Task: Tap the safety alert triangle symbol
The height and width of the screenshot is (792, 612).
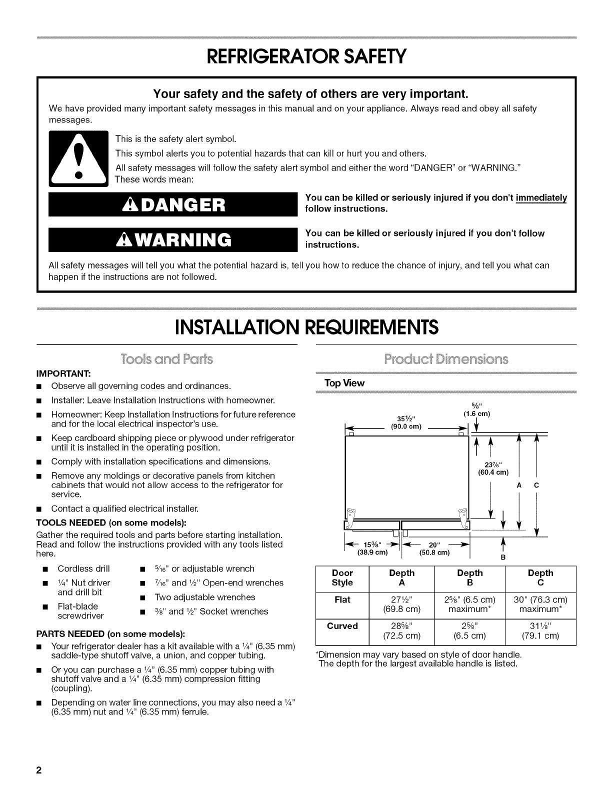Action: coord(78,158)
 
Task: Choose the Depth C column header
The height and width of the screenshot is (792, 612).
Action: coord(540,578)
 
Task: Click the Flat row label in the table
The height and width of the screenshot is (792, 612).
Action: coord(342,599)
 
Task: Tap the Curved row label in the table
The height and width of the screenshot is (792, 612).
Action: coord(342,625)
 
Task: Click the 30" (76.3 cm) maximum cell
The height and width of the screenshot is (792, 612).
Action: coord(540,604)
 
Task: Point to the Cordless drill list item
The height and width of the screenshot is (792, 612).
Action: coord(83,568)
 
